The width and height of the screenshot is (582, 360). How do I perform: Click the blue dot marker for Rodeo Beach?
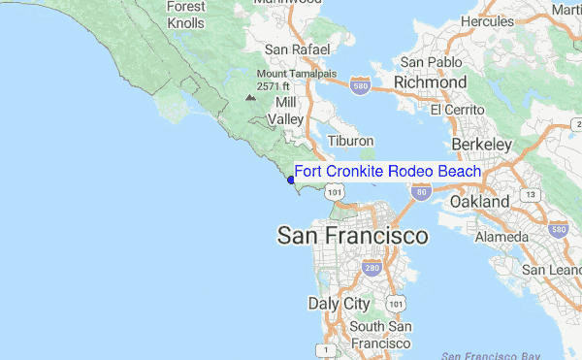click(x=292, y=180)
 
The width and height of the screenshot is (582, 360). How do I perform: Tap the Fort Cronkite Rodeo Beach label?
click(x=387, y=172)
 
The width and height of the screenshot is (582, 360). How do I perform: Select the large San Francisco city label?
click(x=352, y=236)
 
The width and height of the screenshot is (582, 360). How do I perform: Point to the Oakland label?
click(x=479, y=202)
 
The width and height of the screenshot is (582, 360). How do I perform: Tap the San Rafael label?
click(x=299, y=49)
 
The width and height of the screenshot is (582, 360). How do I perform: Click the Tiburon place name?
click(x=350, y=142)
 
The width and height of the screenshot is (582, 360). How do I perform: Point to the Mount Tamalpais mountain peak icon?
click(x=252, y=97)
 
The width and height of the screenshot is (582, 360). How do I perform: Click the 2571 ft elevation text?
click(x=275, y=85)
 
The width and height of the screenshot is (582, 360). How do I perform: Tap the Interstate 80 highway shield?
click(x=420, y=193)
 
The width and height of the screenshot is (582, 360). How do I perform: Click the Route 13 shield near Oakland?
click(x=530, y=195)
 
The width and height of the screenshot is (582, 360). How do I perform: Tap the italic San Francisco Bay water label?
click(x=498, y=355)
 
